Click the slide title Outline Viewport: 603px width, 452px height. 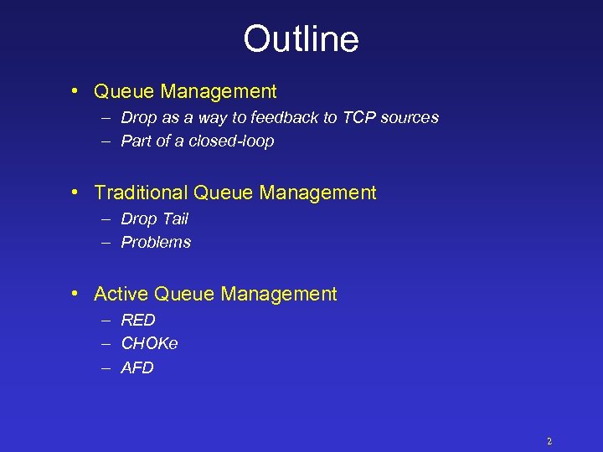[x=301, y=39]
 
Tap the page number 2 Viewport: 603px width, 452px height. [x=549, y=441]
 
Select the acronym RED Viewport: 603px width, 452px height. [x=138, y=320]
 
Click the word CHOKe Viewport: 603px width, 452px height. [x=149, y=343]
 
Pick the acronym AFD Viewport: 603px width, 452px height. [x=137, y=367]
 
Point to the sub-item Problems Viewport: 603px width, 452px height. [x=156, y=242]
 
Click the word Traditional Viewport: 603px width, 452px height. [x=141, y=193]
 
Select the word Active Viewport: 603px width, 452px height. [x=121, y=294]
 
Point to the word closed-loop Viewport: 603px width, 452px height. [x=232, y=141]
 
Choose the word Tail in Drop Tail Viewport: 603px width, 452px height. [x=175, y=218]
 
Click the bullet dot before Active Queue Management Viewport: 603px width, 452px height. [x=75, y=294]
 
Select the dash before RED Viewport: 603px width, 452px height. [x=106, y=320]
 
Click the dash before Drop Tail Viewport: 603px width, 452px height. [x=106, y=218]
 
